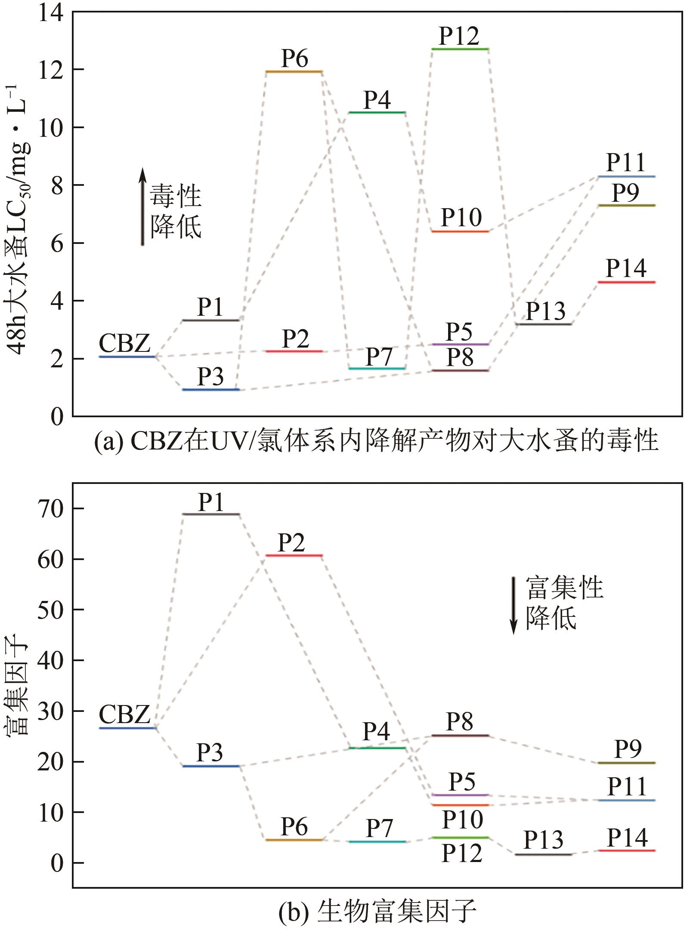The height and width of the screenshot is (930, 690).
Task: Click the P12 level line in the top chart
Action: click(x=460, y=49)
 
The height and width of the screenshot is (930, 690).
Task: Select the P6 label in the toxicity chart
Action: click(x=294, y=58)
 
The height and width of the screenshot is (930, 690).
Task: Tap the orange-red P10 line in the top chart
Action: click(x=460, y=231)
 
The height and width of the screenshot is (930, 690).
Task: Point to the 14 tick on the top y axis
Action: click(x=50, y=14)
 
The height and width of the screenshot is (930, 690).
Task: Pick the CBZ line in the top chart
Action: click(x=127, y=357)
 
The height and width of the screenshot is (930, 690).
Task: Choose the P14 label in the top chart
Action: click(x=626, y=268)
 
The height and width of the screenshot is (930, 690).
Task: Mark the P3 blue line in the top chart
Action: click(x=210, y=390)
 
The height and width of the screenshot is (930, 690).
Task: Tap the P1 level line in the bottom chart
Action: click(x=211, y=514)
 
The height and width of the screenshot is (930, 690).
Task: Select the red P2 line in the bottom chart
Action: click(x=294, y=555)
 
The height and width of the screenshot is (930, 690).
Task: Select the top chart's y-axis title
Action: click(x=19, y=219)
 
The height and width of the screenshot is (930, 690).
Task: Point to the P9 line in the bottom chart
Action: click(x=627, y=763)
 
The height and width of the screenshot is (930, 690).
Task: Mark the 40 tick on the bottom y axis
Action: click(x=50, y=660)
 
